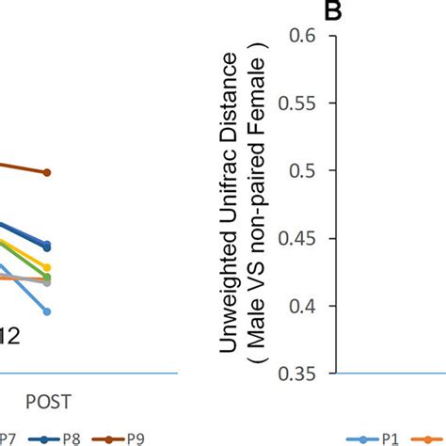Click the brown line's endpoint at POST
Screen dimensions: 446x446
coord(47,172)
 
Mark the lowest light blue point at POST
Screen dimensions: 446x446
coord(47,311)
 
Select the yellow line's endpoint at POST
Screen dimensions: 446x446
coord(47,268)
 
